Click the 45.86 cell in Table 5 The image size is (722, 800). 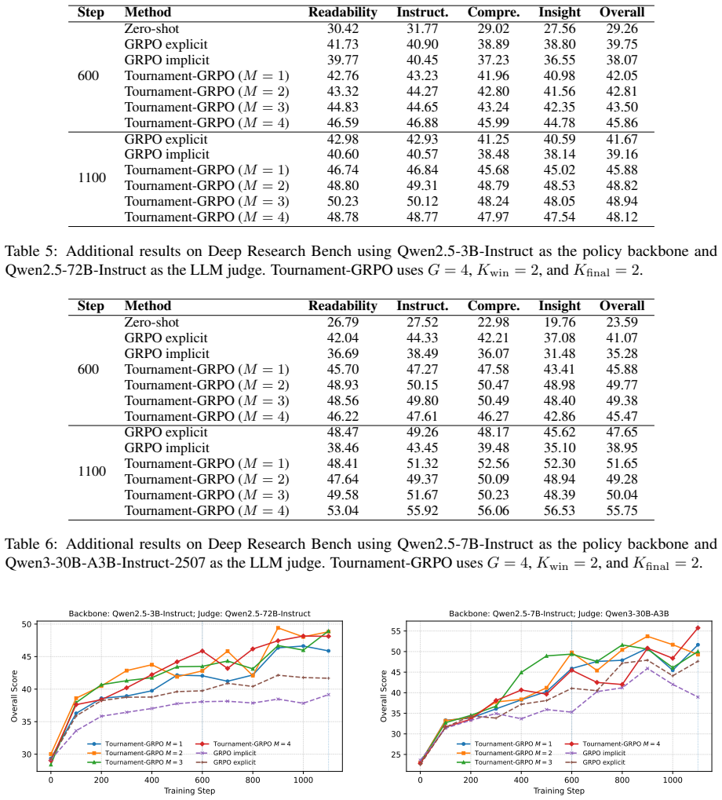point(622,123)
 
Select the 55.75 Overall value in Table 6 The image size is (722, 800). point(622,511)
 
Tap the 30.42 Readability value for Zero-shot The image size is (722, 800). point(343,28)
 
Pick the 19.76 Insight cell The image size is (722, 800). point(560,323)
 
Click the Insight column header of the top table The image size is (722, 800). point(560,13)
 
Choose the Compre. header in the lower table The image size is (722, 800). point(494,305)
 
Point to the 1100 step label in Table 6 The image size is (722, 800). point(92,471)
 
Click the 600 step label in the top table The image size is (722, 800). point(88,75)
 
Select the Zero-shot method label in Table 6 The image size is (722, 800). point(151,323)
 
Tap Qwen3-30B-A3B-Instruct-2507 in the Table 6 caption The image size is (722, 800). point(105,563)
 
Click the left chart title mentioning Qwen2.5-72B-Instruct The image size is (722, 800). point(190,614)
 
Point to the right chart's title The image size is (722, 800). point(559,614)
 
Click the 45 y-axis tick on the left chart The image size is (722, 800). point(27,656)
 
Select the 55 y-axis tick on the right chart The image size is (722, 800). point(396,631)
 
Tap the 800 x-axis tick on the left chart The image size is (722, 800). point(253,780)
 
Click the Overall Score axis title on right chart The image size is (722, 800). point(384,696)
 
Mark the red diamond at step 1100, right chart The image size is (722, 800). point(698,628)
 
